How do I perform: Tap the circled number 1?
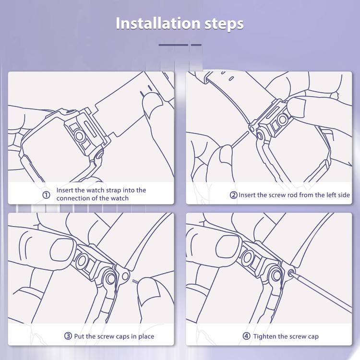click(47, 195)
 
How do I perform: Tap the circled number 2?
click(233, 195)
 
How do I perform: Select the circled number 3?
click(68, 336)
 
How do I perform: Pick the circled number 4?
click(246, 336)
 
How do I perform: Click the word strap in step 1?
click(113, 191)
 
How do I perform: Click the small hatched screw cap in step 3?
click(135, 281)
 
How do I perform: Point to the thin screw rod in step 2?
click(240, 139)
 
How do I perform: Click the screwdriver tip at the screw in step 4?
click(291, 273)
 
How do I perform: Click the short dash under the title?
click(196, 45)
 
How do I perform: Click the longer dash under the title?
click(173, 45)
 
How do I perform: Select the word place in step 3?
click(146, 336)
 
